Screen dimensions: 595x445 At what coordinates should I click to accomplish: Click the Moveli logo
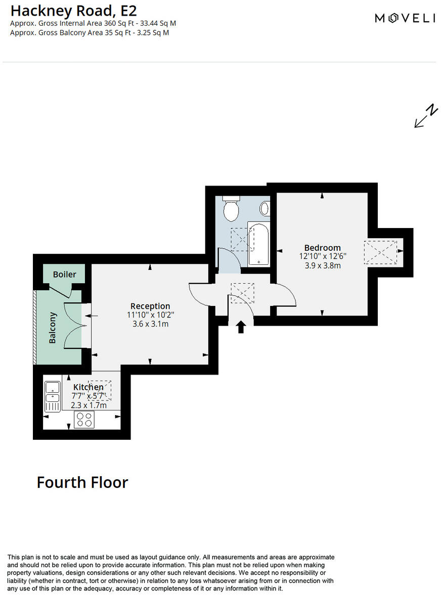point(405,18)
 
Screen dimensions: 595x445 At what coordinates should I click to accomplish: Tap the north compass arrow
point(425,117)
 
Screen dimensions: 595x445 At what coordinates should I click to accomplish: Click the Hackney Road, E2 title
point(73,10)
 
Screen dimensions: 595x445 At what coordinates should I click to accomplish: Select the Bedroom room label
point(322,248)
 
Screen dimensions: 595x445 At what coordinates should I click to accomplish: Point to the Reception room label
point(150,306)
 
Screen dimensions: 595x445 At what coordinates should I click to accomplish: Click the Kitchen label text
point(88,387)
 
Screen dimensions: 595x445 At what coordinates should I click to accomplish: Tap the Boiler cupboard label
point(65,274)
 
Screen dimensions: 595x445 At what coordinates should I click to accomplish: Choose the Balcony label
point(53,328)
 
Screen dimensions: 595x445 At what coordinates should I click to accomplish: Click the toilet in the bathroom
point(231,208)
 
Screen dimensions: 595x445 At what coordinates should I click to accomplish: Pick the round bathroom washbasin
point(265,208)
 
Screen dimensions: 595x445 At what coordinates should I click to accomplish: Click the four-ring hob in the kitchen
point(84,420)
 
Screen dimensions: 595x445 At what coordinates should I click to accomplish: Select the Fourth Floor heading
point(82,482)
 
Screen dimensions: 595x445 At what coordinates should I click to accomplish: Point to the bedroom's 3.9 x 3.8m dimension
point(322,265)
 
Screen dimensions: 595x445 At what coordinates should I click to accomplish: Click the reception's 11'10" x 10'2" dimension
point(150,315)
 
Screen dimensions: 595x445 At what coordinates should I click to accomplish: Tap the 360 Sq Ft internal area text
point(93,23)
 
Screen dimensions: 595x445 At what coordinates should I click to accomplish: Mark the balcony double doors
point(74,326)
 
